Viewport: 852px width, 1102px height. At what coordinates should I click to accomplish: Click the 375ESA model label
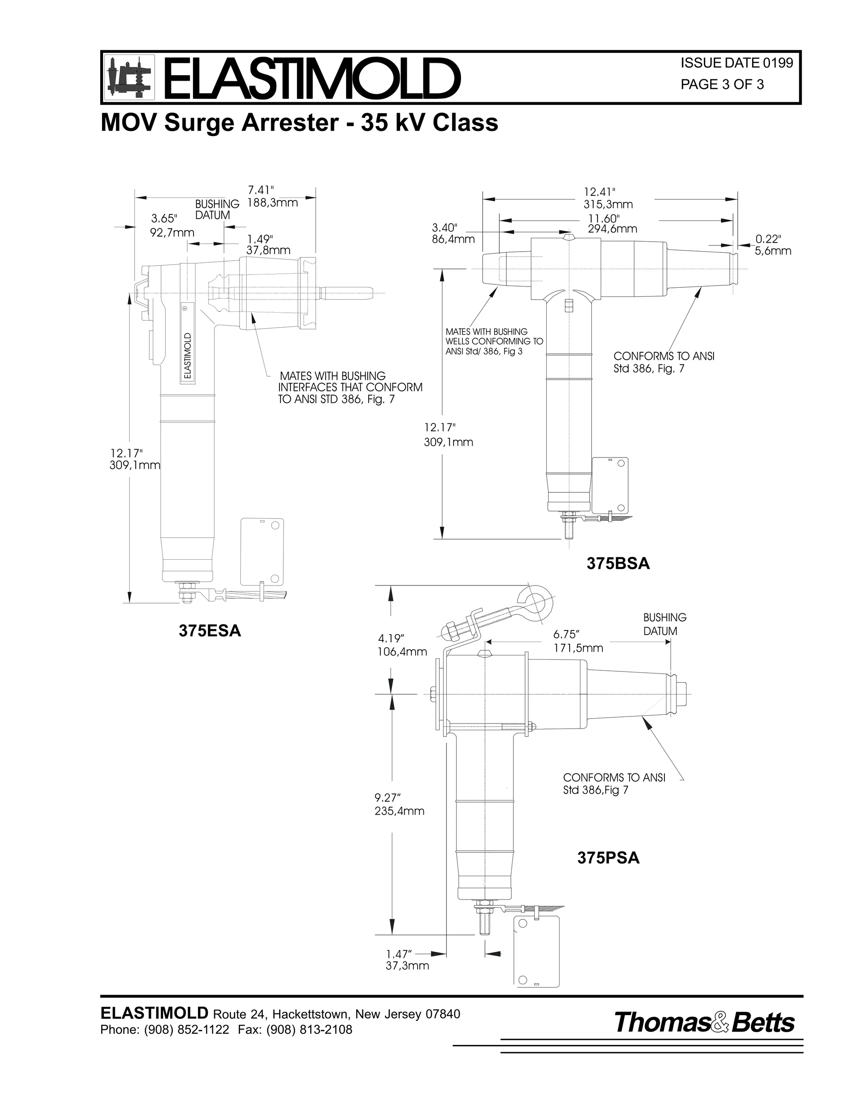coord(210,631)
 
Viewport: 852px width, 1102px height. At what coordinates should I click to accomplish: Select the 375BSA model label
coord(618,563)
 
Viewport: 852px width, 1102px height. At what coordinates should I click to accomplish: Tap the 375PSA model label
coord(608,858)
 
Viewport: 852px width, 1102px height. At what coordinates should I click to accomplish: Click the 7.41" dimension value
coord(260,190)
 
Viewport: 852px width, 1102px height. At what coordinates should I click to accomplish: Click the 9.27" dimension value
coord(388,798)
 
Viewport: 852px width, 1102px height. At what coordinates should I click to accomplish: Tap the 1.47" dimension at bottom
coord(399,954)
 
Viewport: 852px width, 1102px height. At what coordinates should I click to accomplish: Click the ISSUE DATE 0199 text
coord(736,63)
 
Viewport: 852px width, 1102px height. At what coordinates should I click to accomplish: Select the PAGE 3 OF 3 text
coord(722,85)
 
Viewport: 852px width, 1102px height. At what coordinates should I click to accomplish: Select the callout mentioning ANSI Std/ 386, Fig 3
coord(494,341)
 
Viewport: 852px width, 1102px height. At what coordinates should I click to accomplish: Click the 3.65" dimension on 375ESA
coord(165,218)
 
